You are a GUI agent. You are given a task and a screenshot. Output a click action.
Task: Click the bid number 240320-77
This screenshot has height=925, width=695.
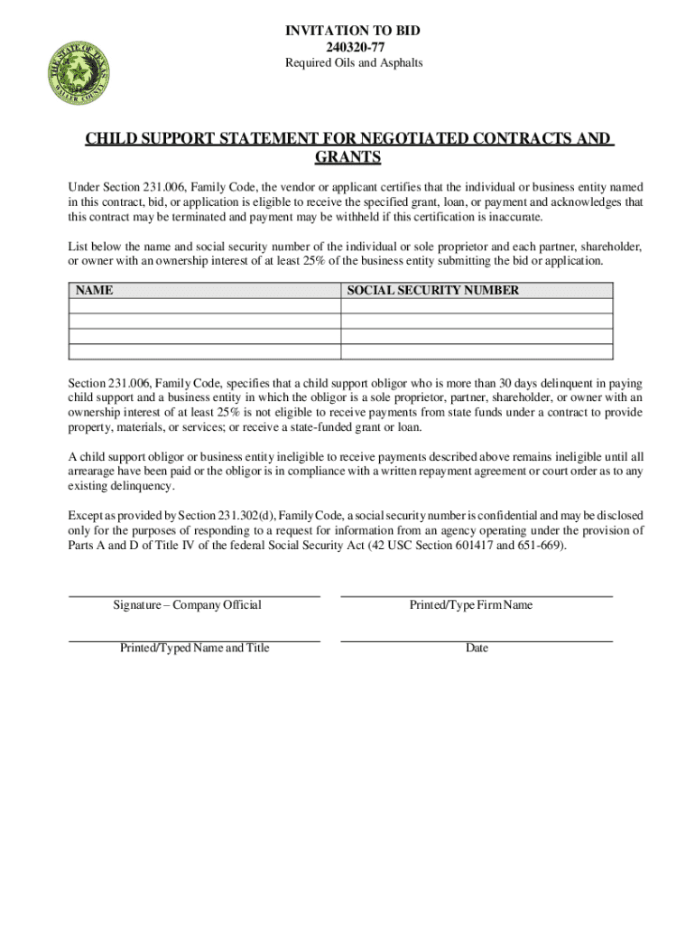[352, 47]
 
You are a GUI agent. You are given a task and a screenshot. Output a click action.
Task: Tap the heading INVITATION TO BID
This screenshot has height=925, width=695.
[352, 31]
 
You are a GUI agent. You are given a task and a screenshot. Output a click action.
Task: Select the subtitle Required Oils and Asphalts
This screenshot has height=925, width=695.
[352, 63]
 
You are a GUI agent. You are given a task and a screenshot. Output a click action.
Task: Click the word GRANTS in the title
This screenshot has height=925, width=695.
[347, 159]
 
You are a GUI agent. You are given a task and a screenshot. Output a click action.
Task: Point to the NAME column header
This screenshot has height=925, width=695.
[94, 291]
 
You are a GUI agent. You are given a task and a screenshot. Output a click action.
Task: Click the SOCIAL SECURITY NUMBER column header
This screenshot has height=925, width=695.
[433, 291]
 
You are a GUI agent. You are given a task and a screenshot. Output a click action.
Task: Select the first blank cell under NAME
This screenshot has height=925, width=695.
[205, 306]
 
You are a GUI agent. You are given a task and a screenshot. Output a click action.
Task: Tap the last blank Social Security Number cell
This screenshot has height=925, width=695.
[477, 352]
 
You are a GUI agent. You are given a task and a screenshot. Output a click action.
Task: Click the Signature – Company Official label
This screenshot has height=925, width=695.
[187, 605]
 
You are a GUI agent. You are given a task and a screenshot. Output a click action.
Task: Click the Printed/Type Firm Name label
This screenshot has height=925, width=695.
[470, 605]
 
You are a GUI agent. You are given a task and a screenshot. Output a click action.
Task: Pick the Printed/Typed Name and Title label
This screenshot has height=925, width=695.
[194, 649]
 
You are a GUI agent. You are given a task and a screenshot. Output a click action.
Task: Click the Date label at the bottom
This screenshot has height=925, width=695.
[477, 649]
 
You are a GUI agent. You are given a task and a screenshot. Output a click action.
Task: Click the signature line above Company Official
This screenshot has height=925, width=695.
[194, 596]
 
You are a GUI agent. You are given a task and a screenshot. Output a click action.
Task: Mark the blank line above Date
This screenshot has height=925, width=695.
[477, 640]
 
